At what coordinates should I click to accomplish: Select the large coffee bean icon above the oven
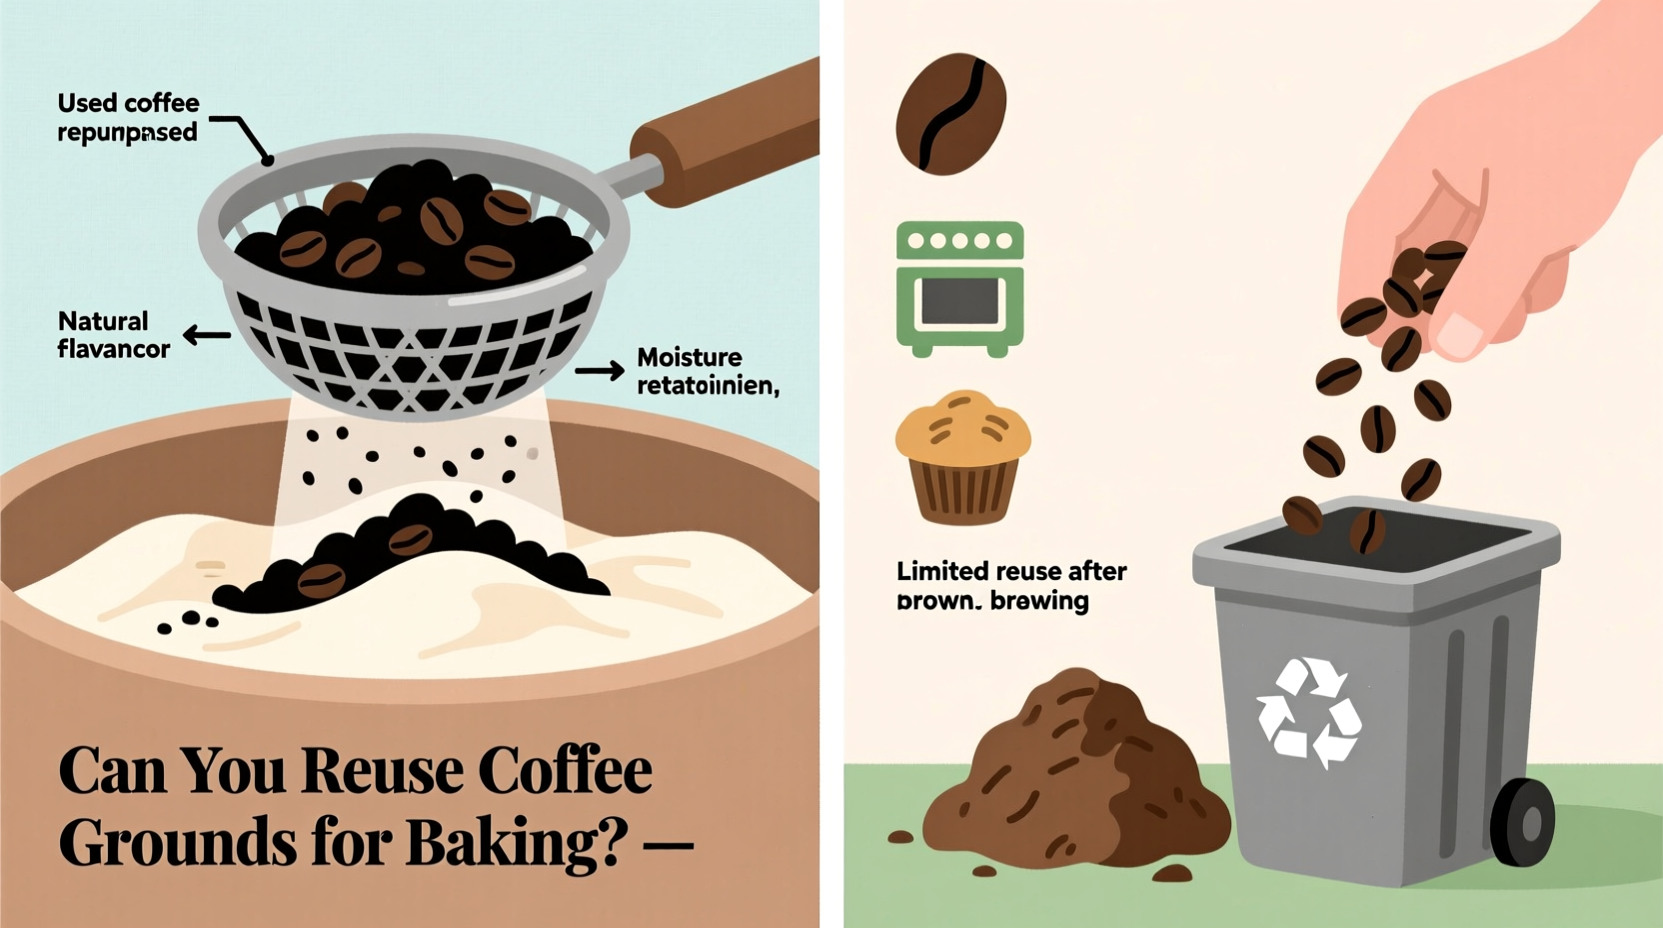(x=950, y=113)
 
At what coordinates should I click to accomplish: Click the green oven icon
(x=960, y=289)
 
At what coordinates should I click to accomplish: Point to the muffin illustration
(x=962, y=457)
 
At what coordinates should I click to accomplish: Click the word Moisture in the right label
(x=690, y=357)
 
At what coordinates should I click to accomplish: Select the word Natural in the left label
(x=103, y=321)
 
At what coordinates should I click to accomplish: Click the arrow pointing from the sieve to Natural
(x=207, y=336)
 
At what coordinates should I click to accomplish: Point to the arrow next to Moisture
(x=600, y=372)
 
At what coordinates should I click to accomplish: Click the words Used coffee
(x=128, y=103)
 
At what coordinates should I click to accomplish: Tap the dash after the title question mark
(x=669, y=846)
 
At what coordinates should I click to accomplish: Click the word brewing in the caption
(x=1039, y=601)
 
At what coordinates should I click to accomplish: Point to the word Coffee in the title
(x=565, y=771)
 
